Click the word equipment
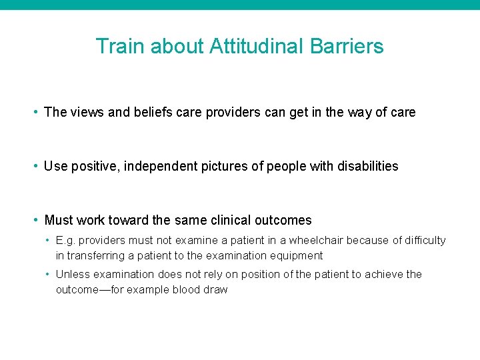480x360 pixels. pyautogui.click(x=298, y=255)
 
